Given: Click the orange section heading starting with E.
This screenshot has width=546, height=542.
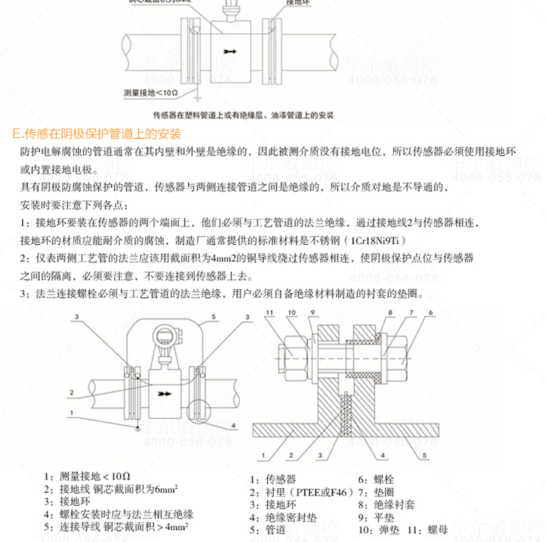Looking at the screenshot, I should (x=97, y=135).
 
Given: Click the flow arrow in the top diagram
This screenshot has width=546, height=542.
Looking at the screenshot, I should (x=231, y=52).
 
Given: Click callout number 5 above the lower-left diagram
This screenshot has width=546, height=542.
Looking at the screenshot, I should (x=212, y=316).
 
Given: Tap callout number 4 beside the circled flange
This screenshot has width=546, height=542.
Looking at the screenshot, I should (x=234, y=425).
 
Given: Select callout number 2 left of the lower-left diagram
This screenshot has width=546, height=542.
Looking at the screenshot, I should (x=72, y=392).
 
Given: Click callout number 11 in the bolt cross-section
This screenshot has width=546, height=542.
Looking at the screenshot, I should (x=270, y=313).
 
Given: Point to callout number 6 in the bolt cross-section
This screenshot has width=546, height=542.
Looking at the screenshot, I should (x=431, y=313).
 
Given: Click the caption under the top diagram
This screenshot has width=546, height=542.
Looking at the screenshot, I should (x=243, y=116).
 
